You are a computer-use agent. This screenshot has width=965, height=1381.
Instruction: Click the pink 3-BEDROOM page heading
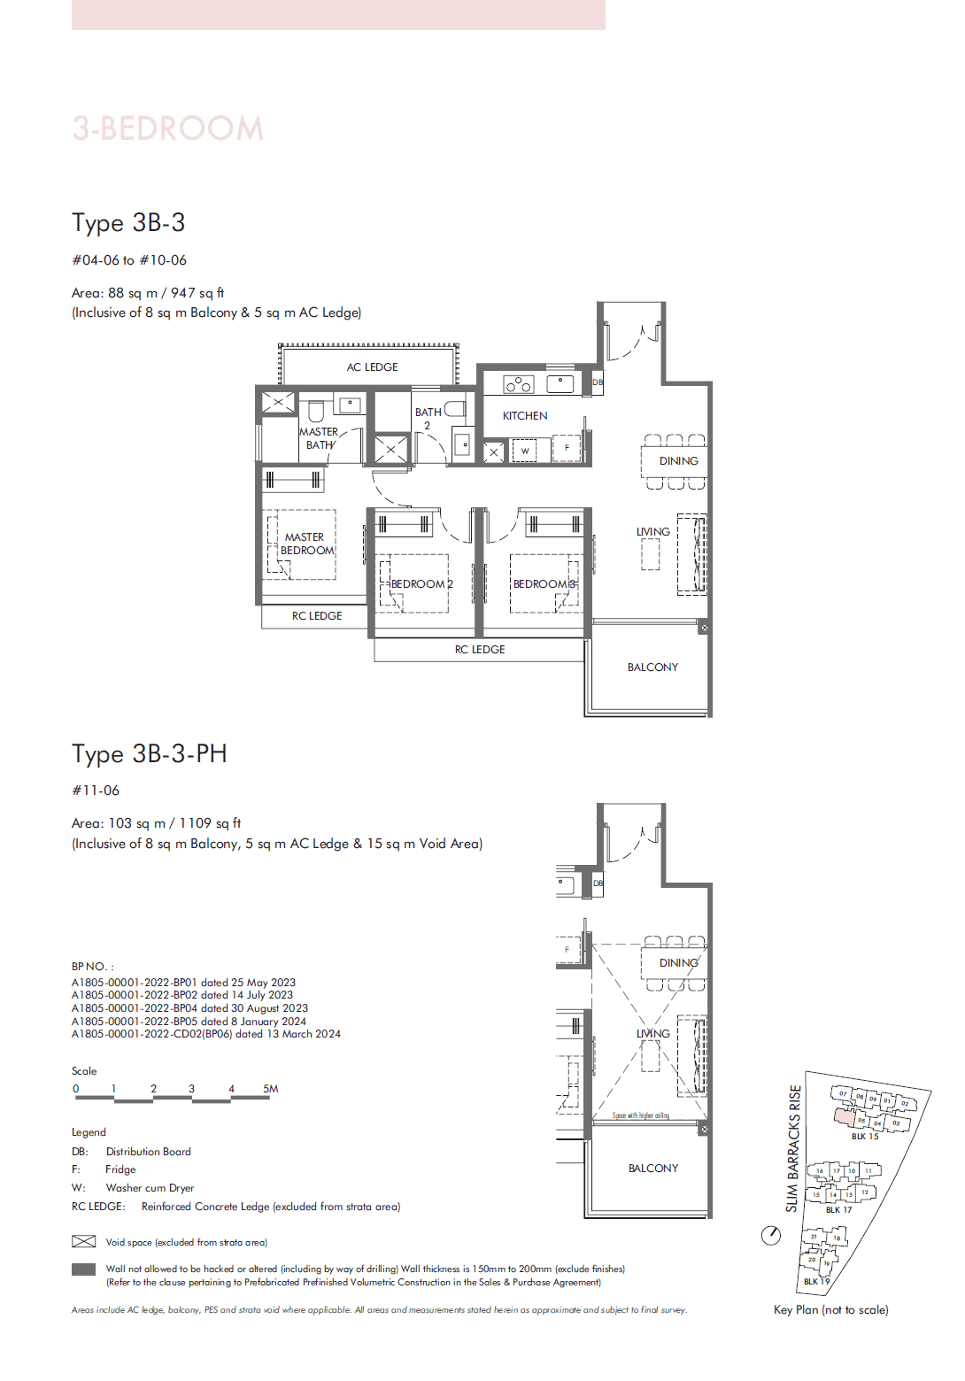pos(168,129)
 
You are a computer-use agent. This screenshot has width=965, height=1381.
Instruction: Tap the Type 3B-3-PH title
pos(149,753)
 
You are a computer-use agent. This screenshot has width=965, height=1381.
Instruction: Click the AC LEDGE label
pos(372,366)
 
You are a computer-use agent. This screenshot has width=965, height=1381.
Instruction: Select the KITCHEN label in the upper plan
pos(525,415)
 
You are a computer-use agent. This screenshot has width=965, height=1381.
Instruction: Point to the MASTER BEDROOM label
pos(305,544)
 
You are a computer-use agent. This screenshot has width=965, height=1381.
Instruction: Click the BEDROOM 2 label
pos(421,584)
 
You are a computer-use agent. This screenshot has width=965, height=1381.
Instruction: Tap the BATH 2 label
pos(428,418)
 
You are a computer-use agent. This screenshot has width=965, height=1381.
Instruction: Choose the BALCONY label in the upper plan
pos(652,667)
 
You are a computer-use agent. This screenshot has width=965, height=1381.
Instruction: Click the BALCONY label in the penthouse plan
pos(652,1169)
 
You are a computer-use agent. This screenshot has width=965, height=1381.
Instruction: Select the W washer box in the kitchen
pos(525,451)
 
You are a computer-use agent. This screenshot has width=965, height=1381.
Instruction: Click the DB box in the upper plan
pos(598,382)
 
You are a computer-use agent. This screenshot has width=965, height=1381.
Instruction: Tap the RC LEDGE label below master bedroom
pos(317,616)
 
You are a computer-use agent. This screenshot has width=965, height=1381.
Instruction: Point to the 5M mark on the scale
pos(270,1089)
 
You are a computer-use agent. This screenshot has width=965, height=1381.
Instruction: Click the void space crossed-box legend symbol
pos(83,1241)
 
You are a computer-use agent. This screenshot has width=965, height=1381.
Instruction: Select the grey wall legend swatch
pos(83,1269)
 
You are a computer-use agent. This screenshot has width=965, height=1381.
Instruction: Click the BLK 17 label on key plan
pos(838,1210)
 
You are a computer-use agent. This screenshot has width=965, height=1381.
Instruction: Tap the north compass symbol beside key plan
pos(771,1235)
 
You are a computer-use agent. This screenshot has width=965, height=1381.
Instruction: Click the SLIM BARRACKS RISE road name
pos(793,1148)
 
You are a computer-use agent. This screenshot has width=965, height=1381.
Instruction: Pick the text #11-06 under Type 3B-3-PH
pos(96,791)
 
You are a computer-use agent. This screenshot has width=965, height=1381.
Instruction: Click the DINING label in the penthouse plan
pos(678,963)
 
